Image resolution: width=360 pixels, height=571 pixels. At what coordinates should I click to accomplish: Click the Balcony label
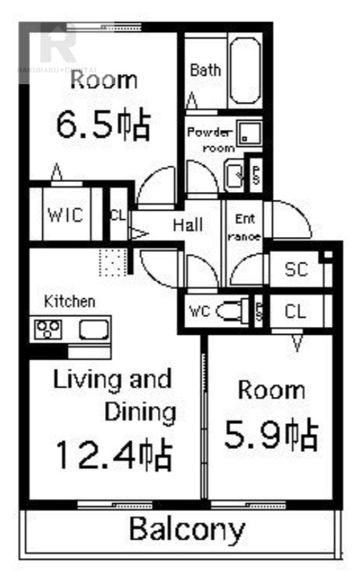[x=187, y=530]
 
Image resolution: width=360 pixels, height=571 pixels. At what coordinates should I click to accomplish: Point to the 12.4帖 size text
[x=114, y=454]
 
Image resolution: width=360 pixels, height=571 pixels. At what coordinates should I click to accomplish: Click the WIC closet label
[x=66, y=215]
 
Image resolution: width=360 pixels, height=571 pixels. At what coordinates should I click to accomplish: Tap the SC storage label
[x=295, y=270]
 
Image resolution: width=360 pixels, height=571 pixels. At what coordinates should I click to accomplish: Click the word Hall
[x=188, y=225]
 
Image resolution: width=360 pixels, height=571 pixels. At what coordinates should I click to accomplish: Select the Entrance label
[x=244, y=227]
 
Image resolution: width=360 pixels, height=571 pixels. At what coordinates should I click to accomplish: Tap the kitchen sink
[x=93, y=329]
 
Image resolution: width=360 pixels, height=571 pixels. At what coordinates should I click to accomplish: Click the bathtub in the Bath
[x=246, y=71]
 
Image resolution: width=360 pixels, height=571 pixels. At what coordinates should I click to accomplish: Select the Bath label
[x=205, y=70]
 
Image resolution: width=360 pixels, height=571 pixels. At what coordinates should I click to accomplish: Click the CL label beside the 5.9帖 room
[x=295, y=311]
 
